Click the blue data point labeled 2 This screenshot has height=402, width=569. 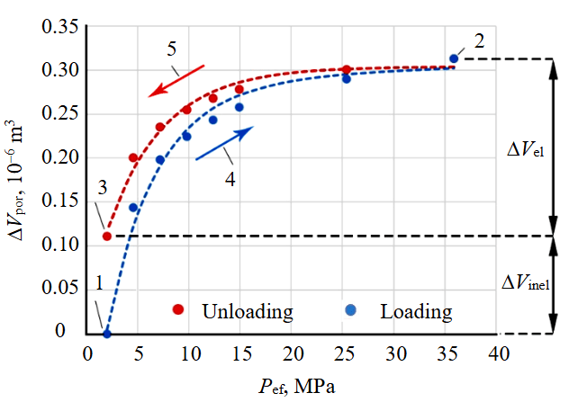[x=454, y=59]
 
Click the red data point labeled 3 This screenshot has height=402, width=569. [x=107, y=237]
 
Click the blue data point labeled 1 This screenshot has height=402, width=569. [x=107, y=334]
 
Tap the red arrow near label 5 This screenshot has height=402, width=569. [x=176, y=78]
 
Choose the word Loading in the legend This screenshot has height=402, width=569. [x=415, y=312]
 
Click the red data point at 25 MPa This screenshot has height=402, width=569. [x=347, y=69]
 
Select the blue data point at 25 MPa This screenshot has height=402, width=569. [x=346, y=79]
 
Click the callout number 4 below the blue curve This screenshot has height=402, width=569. [x=230, y=178]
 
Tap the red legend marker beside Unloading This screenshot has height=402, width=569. [x=178, y=309]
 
